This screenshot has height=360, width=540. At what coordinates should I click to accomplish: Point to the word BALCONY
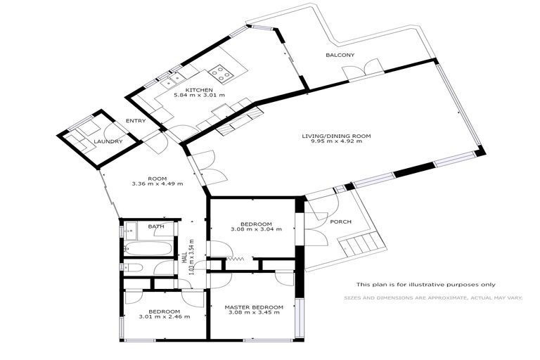(340, 55)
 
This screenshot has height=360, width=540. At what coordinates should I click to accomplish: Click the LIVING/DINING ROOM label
(336, 136)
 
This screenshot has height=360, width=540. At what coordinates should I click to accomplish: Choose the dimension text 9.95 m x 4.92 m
(336, 142)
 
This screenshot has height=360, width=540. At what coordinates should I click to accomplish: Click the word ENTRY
(135, 121)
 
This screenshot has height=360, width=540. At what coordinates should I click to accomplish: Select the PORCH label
(340, 222)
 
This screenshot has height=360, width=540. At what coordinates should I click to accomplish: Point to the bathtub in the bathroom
(149, 249)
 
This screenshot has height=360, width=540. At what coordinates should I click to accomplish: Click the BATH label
(155, 226)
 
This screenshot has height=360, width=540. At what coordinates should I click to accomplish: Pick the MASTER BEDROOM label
(254, 307)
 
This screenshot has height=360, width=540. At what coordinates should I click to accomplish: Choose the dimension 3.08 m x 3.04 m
(256, 229)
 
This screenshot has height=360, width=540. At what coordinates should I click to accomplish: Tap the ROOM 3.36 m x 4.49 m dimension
(157, 184)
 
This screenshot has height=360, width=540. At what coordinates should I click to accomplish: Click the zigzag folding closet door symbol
(236, 259)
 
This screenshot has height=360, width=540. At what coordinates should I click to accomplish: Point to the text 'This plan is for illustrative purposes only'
(425, 284)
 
